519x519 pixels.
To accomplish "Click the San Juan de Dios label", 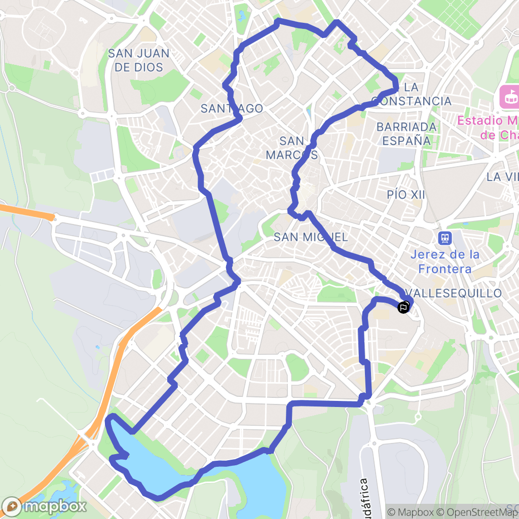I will point(139,60).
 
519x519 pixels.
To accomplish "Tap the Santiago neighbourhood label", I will point(232,108).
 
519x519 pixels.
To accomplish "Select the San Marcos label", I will point(292,147).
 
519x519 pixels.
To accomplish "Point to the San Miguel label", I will point(311,237).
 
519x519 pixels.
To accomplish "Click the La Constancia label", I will point(411,94).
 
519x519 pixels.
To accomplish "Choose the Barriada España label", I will point(407,133).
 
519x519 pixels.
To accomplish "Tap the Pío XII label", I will point(405,194).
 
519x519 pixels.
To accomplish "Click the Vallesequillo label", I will point(455,293).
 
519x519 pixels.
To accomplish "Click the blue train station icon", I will point(446,237).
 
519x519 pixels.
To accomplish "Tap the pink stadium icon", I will point(509,96).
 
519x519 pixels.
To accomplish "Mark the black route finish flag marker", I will point(404,307).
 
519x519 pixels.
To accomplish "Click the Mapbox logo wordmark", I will point(55,506).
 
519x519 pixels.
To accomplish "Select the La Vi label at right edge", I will point(502,177).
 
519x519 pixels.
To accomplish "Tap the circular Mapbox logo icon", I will point(12,506).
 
